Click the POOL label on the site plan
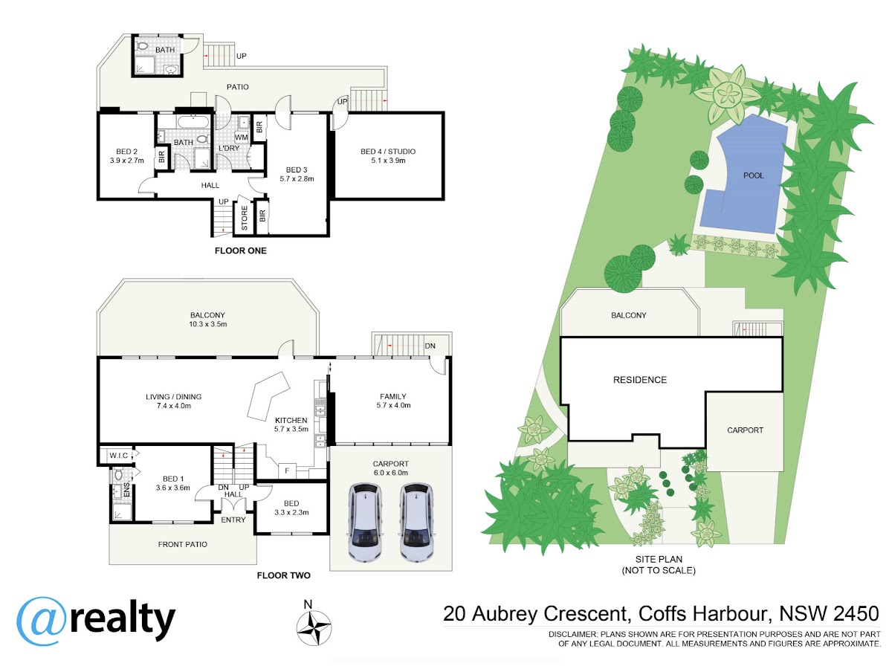753,175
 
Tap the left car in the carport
364,522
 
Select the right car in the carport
415,522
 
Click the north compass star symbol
314,628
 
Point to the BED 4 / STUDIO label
388,152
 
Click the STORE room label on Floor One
245,218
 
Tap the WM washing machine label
241,138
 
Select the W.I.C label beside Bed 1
119,456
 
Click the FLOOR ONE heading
241,251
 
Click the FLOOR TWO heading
284,575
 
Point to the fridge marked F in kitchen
287,471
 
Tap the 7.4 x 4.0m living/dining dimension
173,405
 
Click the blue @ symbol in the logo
41,621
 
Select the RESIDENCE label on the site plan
640,380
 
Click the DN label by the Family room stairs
430,346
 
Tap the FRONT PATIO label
182,544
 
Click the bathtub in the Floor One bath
193,121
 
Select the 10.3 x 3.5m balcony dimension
207,324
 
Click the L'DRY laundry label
229,148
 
